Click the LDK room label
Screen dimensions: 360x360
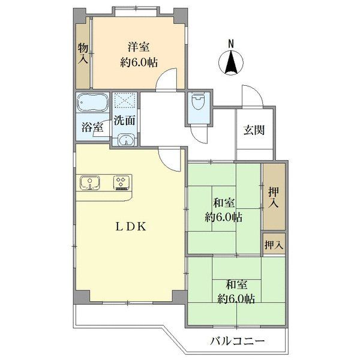[131, 227]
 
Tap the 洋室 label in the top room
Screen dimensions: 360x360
[139, 47]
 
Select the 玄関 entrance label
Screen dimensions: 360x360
[254, 130]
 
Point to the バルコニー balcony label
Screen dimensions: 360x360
[238, 341]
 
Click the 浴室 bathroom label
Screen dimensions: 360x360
[92, 127]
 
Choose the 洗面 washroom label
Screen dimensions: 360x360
[124, 120]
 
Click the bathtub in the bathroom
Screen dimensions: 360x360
[92, 102]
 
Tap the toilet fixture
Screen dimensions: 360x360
[198, 102]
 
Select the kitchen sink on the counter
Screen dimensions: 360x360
[90, 183]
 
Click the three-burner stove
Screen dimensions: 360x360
[121, 183]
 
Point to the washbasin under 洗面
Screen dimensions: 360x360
[125, 140]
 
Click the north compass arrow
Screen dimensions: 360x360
[231, 62]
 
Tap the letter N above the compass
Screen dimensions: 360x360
[231, 44]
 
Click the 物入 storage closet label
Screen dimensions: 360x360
[83, 53]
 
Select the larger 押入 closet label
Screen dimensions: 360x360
[274, 197]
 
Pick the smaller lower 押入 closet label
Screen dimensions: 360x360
[274, 245]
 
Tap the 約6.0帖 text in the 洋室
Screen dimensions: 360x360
[139, 62]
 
